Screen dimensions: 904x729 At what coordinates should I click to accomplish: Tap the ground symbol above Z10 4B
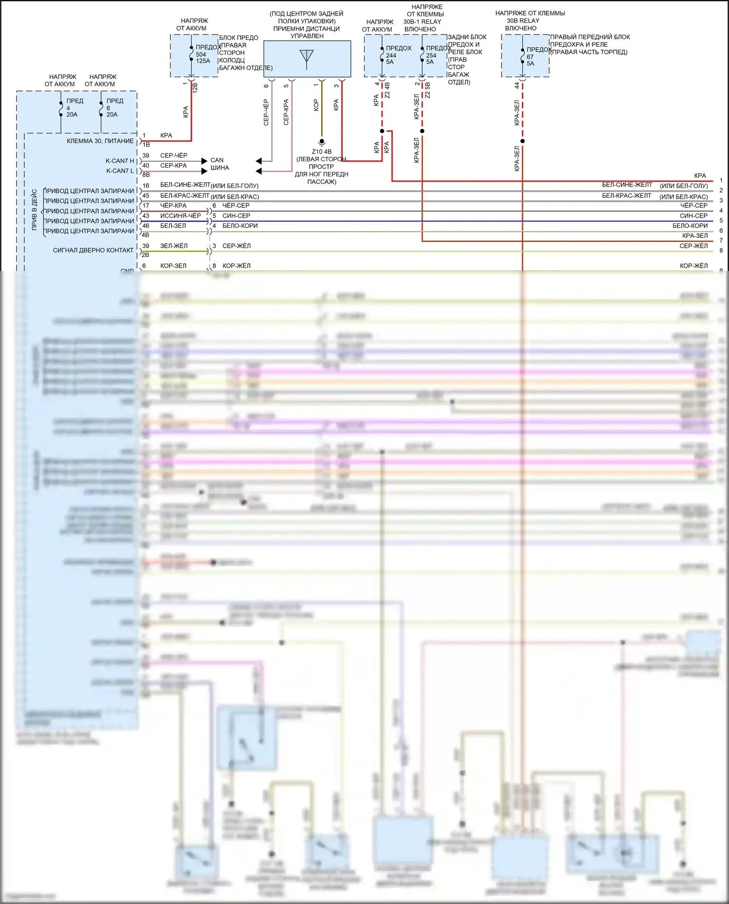(321, 142)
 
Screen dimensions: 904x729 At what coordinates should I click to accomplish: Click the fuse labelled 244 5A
(382, 55)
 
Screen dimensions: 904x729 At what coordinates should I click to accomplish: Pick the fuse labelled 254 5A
(422, 55)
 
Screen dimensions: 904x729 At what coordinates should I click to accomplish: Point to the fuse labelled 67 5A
(522, 56)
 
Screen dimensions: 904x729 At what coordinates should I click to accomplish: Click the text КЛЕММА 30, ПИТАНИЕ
(100, 141)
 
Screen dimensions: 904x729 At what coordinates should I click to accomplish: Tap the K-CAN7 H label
(120, 161)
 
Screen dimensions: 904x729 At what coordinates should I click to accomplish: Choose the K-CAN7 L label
(120, 171)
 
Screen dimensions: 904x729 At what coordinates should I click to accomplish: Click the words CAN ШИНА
(219, 164)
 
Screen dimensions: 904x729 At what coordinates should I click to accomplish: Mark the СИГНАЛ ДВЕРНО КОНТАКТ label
(93, 250)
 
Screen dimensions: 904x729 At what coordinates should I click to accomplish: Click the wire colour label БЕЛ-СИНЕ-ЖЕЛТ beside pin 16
(185, 185)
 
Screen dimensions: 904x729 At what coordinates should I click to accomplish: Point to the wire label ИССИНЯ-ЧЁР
(180, 216)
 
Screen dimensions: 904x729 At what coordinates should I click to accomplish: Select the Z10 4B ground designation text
(322, 152)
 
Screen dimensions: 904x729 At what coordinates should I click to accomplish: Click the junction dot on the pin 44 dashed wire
(522, 141)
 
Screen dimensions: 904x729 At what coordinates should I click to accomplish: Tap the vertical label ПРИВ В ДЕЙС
(35, 209)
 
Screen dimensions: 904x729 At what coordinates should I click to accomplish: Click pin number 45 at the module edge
(146, 196)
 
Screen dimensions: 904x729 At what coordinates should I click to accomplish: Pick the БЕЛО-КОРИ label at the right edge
(690, 226)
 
